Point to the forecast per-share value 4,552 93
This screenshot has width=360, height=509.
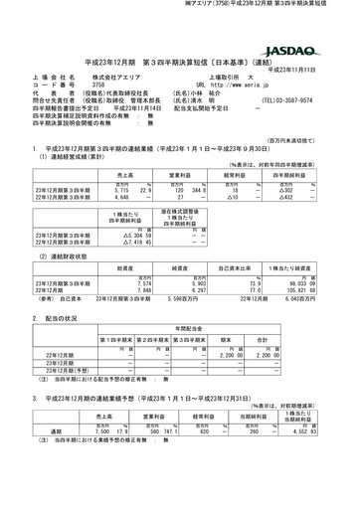coord(318,431)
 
